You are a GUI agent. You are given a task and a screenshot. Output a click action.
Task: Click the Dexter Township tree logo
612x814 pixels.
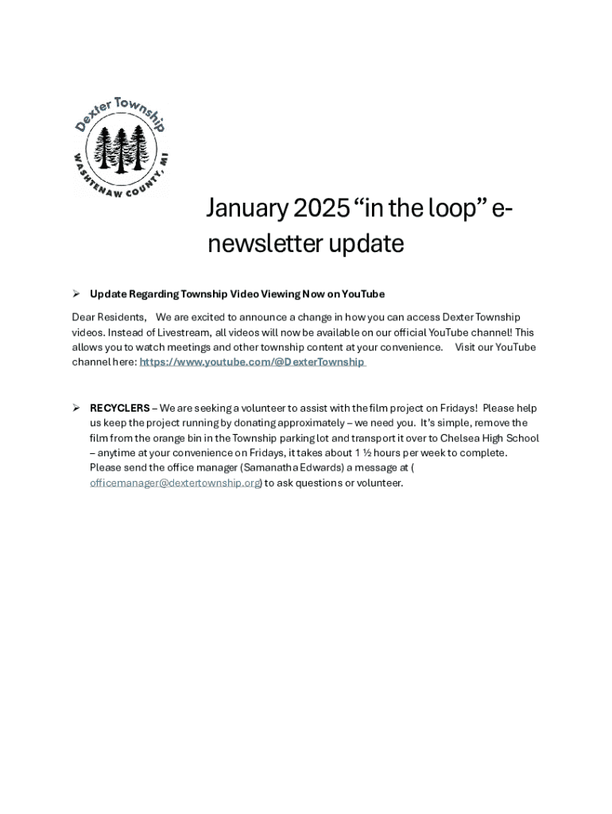point(121,147)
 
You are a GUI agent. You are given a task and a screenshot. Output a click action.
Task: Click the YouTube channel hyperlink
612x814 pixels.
point(252,362)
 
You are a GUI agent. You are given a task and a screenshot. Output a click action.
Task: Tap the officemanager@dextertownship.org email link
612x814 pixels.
point(175,483)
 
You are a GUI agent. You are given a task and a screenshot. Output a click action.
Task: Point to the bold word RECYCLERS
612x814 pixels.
point(119,409)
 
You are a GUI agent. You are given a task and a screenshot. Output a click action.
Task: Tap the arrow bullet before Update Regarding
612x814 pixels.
point(76,294)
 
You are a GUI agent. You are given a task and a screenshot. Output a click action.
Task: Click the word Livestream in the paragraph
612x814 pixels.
point(180,333)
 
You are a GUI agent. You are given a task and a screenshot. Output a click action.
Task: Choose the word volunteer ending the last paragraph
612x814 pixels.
point(381,483)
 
